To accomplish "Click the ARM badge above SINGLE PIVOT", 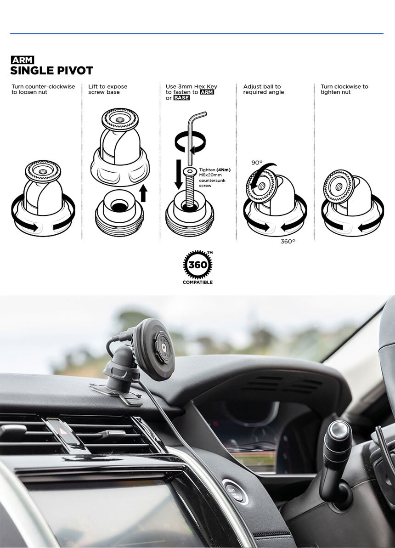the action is pyautogui.click(x=23, y=60).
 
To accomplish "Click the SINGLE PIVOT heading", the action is pyautogui.click(x=52, y=71).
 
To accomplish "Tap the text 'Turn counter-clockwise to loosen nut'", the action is pyautogui.click(x=43, y=90).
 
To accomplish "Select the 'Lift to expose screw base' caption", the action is pyautogui.click(x=107, y=90).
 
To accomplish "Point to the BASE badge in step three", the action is pyautogui.click(x=181, y=98).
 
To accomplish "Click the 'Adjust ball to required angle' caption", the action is pyautogui.click(x=264, y=90).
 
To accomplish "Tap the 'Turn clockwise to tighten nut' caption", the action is pyautogui.click(x=344, y=90).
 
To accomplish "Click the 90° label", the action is pyautogui.click(x=257, y=163).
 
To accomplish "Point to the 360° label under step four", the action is pyautogui.click(x=288, y=242).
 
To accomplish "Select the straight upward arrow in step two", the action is pyautogui.click(x=143, y=193).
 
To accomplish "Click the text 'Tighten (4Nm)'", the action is pyautogui.click(x=214, y=170).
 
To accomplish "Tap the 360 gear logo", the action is pyautogui.click(x=197, y=265).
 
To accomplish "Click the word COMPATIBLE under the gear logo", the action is pyautogui.click(x=197, y=282).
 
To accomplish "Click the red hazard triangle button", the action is pyautogui.click(x=64, y=431).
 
